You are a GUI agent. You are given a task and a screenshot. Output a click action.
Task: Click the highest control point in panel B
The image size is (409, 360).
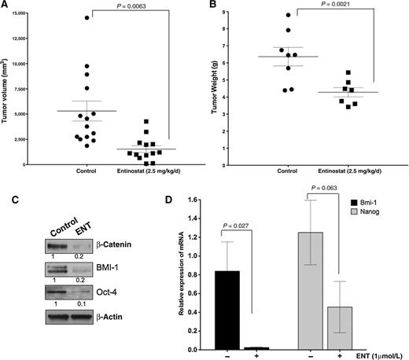click(x=289, y=16)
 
